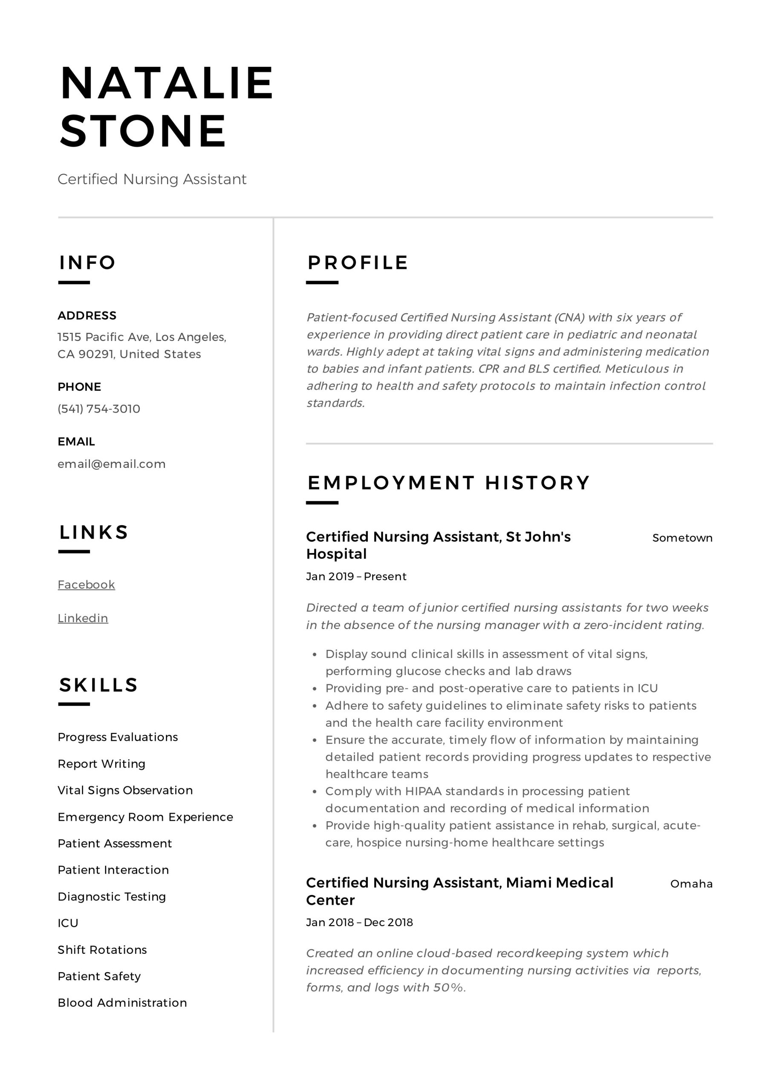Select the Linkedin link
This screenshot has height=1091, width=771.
(83, 618)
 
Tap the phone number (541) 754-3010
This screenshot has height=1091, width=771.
(99, 409)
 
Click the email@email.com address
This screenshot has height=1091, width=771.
(111, 464)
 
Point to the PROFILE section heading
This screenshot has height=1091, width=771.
(358, 263)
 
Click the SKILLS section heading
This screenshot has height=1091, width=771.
(98, 685)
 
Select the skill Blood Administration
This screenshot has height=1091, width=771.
(122, 1003)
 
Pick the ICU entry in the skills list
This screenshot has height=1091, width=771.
(68, 923)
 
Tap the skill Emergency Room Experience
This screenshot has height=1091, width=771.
(145, 817)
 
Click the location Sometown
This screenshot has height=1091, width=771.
(682, 538)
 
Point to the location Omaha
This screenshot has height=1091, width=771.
(691, 884)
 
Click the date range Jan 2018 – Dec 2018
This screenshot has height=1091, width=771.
(359, 922)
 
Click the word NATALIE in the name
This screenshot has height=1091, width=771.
(166, 84)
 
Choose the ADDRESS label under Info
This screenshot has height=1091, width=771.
(87, 315)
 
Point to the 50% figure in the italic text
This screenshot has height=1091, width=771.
(448, 987)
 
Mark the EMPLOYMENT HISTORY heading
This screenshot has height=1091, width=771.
(448, 483)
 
